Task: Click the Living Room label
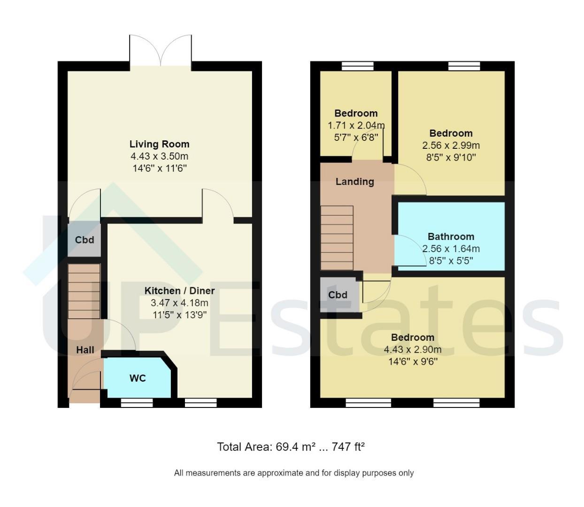point(159,144)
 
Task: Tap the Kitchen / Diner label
point(179,291)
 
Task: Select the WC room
point(138,378)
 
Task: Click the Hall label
point(85,350)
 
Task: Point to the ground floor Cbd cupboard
point(85,240)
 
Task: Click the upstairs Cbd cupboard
point(338,295)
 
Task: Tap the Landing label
point(354,182)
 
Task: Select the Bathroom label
point(451,236)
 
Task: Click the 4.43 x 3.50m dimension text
point(159,156)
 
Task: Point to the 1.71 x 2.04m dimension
point(356,125)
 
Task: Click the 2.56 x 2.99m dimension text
point(451,145)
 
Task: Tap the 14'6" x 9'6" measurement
point(413,361)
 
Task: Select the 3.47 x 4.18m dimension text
point(179,302)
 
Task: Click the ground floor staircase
point(84,291)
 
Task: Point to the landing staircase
point(337,238)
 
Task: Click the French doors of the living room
point(161,51)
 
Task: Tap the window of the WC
point(137,403)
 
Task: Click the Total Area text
point(291,446)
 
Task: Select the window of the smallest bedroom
point(358,66)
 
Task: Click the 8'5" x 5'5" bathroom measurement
point(451,261)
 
